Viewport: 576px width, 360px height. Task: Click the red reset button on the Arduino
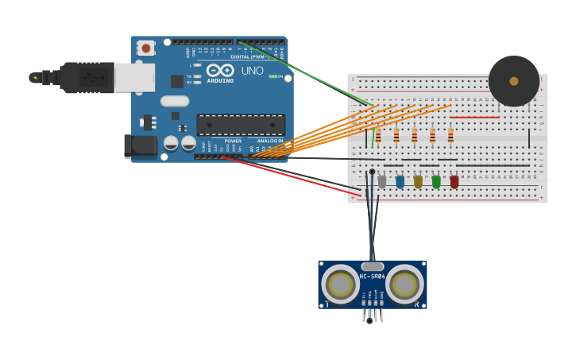click(x=145, y=48)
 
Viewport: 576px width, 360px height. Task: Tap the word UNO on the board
click(x=252, y=71)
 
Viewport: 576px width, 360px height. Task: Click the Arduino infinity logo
click(x=220, y=71)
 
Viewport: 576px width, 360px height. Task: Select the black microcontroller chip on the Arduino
click(x=241, y=125)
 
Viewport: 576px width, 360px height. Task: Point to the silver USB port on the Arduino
click(x=134, y=78)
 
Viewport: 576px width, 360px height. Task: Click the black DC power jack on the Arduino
click(x=141, y=145)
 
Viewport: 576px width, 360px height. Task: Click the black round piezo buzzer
click(x=513, y=81)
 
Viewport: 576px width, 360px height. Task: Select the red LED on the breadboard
click(x=454, y=182)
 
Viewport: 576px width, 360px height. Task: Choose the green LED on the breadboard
click(x=436, y=182)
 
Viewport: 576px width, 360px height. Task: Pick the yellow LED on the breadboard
click(x=418, y=182)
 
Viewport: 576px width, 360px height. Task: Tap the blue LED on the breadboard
click(x=400, y=182)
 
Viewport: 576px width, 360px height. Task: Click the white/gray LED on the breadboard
click(x=381, y=182)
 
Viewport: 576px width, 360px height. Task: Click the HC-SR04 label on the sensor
click(x=372, y=277)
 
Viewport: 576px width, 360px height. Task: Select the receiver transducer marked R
click(x=404, y=284)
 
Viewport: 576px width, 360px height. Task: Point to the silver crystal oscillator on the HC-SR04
click(x=372, y=267)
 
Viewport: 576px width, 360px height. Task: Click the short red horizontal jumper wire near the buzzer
click(x=474, y=118)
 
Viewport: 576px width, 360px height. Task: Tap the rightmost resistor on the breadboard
click(x=450, y=136)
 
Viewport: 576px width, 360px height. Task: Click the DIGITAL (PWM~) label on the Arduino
click(x=248, y=56)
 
